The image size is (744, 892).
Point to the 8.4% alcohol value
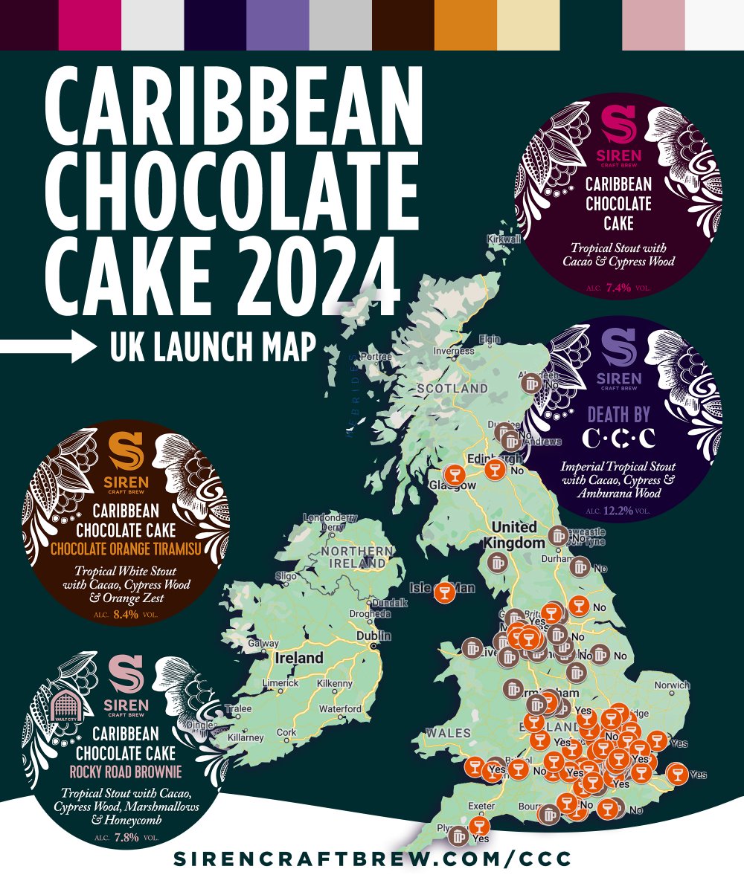coord(123,615)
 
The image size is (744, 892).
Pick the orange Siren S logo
coord(124,451)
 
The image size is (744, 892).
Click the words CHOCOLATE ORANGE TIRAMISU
coord(123,550)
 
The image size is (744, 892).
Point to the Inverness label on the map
coord(454,352)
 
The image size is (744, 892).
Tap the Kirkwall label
coord(503,239)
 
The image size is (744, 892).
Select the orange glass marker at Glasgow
coord(454,474)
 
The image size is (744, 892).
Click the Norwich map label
coord(673,685)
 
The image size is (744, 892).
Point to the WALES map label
coord(448,733)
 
